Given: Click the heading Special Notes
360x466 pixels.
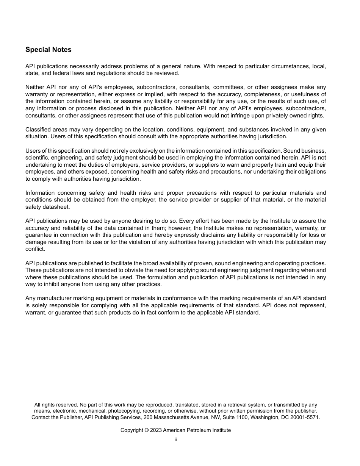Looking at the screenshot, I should [x=48, y=50].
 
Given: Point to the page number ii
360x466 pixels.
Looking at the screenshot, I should [x=176, y=439].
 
